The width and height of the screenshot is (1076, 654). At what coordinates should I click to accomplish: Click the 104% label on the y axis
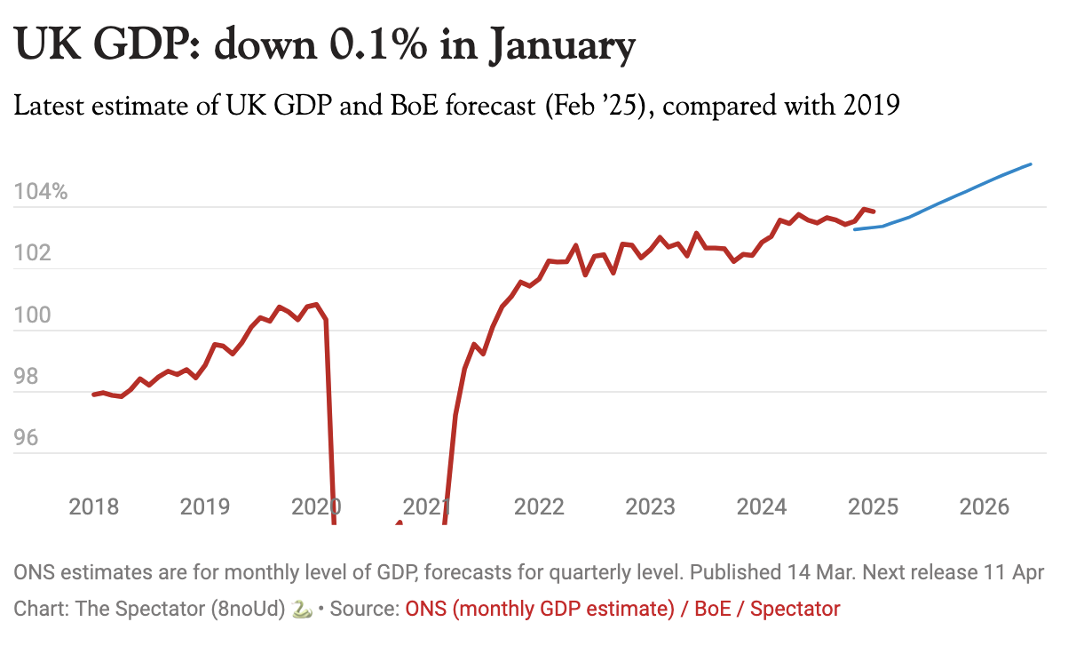[x=41, y=192]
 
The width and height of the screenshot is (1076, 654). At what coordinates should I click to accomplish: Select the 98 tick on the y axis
[x=27, y=377]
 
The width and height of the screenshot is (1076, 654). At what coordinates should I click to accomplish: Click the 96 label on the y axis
[x=27, y=438]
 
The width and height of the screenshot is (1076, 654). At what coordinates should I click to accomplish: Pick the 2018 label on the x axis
[x=93, y=506]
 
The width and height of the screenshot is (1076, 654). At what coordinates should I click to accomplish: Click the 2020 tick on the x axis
[x=316, y=506]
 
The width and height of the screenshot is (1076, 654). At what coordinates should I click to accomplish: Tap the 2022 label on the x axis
[x=539, y=506]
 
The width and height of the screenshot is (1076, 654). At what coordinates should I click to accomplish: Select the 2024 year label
[x=762, y=506]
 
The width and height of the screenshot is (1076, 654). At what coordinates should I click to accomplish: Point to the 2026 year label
[x=985, y=506]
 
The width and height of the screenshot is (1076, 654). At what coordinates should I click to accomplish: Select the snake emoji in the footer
[x=302, y=609]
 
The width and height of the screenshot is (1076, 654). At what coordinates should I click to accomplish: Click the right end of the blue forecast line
[x=1030, y=164]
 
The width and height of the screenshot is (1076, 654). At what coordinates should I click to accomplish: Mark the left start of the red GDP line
[x=93, y=395]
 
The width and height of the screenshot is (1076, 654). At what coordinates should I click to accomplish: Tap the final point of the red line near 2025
[x=874, y=211]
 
